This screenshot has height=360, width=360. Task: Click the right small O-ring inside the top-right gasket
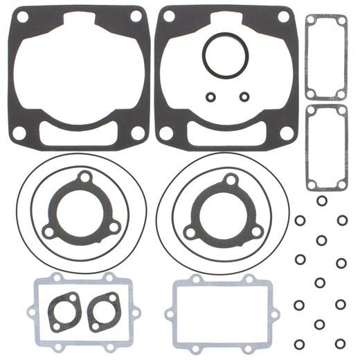(x=243, y=96)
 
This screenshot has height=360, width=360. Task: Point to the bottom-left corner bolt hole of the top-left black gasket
(x=19, y=131)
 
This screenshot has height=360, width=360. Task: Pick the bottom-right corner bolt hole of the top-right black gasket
(x=283, y=131)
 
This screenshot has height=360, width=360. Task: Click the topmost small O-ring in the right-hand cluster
(x=322, y=201)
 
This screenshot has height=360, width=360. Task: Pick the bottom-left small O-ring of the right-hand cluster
(x=299, y=343)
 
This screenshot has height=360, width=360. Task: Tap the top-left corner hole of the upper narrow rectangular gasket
(x=310, y=21)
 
